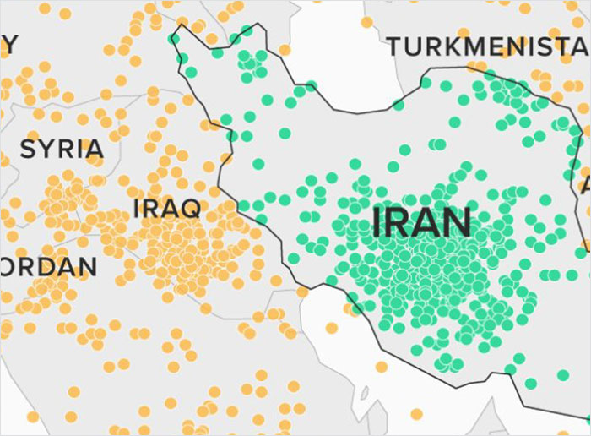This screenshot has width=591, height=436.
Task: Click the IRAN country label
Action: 421,222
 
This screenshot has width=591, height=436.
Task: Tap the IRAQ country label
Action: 166,209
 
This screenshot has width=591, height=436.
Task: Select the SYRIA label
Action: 62,150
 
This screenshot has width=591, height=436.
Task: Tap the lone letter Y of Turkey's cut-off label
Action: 8,43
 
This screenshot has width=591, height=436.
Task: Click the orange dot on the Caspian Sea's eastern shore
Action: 366,22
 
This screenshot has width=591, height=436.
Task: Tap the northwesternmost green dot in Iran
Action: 175,38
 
